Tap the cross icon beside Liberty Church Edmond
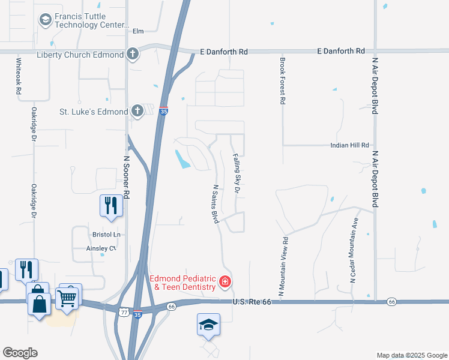coord(133,54)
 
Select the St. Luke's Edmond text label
coord(93,112)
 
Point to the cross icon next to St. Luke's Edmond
coord(137,111)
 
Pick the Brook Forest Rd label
coord(282,80)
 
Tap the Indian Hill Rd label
coord(349,145)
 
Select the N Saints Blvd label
coord(214,203)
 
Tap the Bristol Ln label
coord(106,234)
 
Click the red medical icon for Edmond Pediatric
coord(225,281)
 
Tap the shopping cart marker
coord(67,297)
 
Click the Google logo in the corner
coord(20,353)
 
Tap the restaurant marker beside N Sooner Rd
coord(112,205)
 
